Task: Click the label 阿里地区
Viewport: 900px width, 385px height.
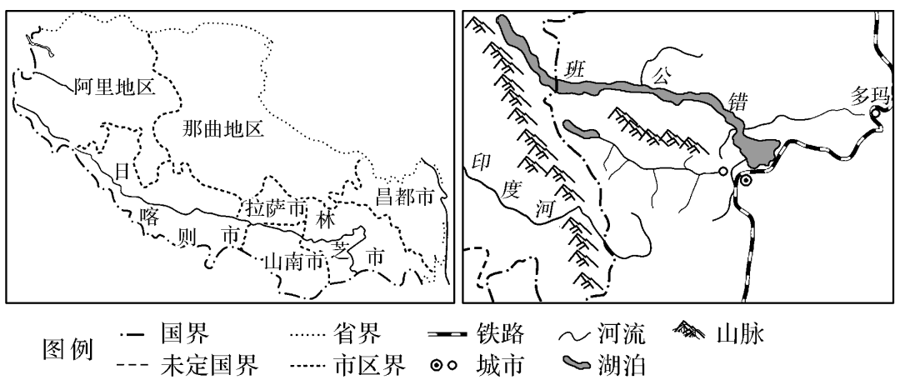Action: click(114, 86)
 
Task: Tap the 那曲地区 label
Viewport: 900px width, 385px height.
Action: click(222, 128)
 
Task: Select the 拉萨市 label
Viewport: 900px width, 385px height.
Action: click(276, 207)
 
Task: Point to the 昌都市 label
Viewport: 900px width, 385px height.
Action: click(402, 197)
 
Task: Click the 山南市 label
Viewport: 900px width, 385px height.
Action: click(292, 262)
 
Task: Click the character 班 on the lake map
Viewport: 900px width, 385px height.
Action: click(572, 70)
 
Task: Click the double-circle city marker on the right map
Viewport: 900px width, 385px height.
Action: click(747, 179)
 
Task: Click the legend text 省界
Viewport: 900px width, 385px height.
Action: click(362, 336)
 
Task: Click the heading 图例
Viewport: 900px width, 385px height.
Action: click(67, 350)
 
